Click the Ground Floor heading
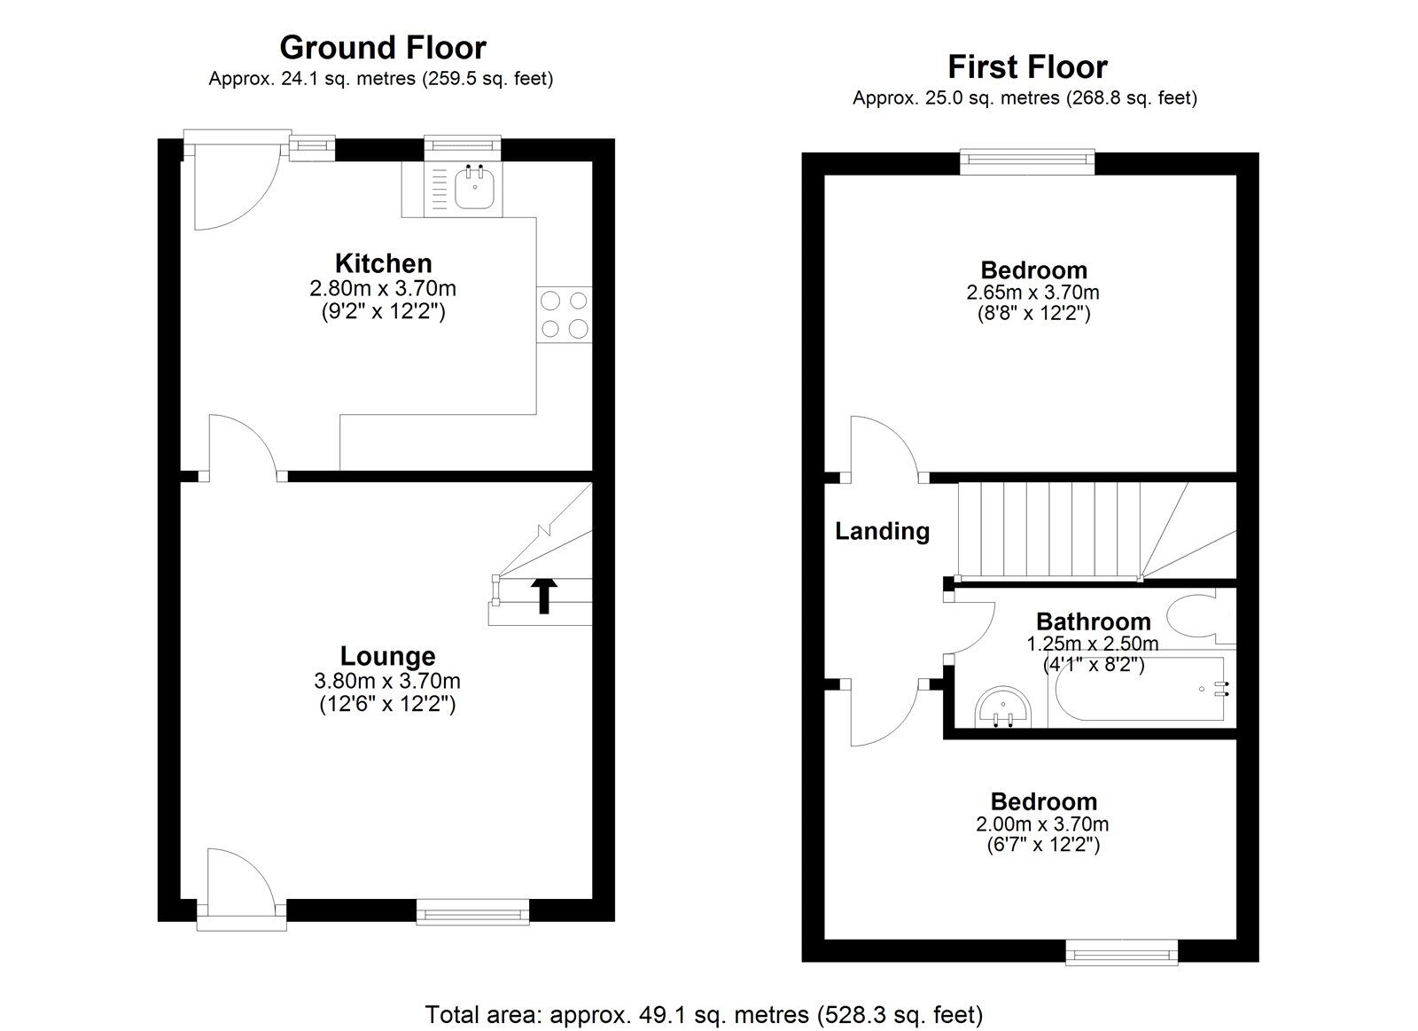(x=383, y=48)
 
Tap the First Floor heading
(x=1027, y=66)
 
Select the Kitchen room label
(x=384, y=262)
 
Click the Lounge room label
(x=387, y=656)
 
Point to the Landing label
(x=883, y=531)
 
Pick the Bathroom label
(x=1094, y=621)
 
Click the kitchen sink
(x=474, y=187)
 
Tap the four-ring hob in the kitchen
(x=564, y=315)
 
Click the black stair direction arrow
(x=544, y=596)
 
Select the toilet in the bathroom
(x=1200, y=619)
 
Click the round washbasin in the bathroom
(x=1002, y=708)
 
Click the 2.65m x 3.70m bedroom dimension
(x=1033, y=293)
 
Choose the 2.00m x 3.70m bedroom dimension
(x=1042, y=824)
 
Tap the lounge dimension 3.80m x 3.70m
(x=387, y=681)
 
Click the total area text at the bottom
(x=704, y=1014)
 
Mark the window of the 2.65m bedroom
(x=1027, y=161)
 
